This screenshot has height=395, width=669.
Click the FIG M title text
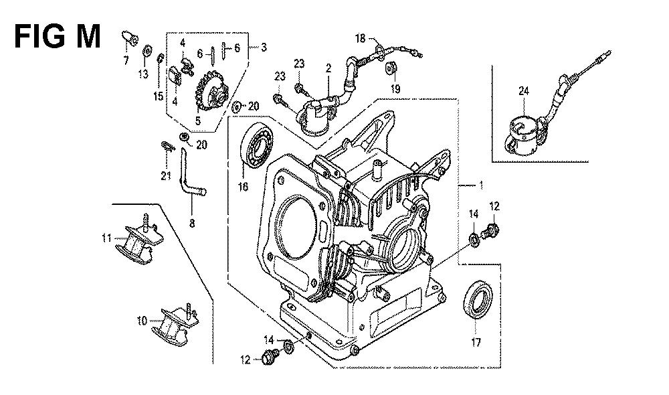57,36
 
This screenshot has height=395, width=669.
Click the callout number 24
524,90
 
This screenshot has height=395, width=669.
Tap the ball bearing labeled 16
257,145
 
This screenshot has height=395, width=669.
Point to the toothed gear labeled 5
211,92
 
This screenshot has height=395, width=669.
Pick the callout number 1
481,185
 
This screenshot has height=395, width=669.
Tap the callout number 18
360,38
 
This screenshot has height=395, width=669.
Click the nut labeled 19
391,68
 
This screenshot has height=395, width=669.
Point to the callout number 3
264,47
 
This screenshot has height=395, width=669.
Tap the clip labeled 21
168,147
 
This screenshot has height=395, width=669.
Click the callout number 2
328,68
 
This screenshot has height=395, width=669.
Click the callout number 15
159,96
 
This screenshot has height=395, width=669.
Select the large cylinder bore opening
298,227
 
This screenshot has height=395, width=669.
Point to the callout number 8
192,223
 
